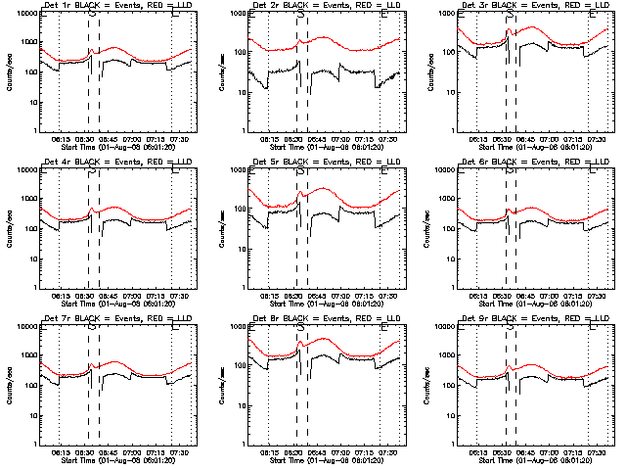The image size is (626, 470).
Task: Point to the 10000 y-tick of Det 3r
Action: pos(453,15)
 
